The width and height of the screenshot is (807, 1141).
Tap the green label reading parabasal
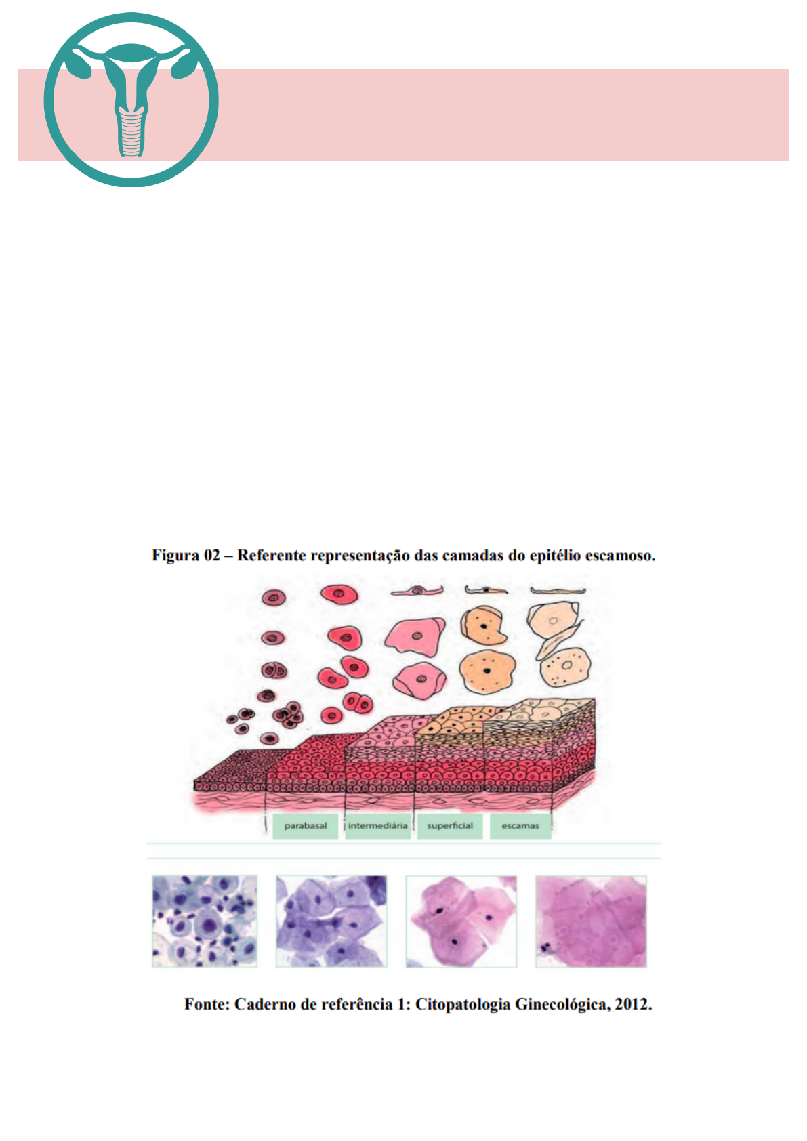point(306,826)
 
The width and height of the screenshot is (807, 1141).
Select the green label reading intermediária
point(378,826)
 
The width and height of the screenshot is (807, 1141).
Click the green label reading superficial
point(450,826)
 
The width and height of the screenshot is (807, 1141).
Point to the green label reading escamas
point(520,826)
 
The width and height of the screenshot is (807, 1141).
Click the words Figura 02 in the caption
point(186,556)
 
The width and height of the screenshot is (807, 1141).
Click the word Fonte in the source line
point(206,1004)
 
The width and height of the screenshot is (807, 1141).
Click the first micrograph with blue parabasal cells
point(205,921)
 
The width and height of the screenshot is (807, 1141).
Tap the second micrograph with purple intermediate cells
point(331,921)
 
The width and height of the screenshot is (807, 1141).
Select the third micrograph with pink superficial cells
point(461,921)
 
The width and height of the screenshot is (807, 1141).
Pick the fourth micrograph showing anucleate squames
point(591,921)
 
